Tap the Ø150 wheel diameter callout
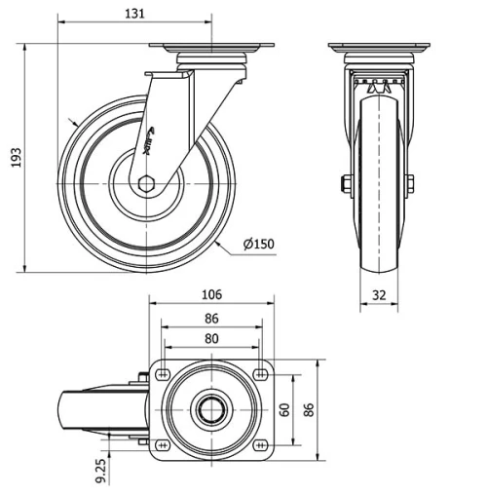[258, 244]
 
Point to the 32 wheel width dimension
[379, 292]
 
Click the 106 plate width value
[212, 294]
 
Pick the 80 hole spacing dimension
[212, 338]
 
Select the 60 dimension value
[284, 410]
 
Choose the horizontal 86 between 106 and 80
[212, 317]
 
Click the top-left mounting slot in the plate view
[162, 376]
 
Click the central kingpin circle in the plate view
[210, 410]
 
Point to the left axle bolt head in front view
[346, 183]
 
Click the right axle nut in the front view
[410, 183]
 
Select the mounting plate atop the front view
[378, 49]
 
